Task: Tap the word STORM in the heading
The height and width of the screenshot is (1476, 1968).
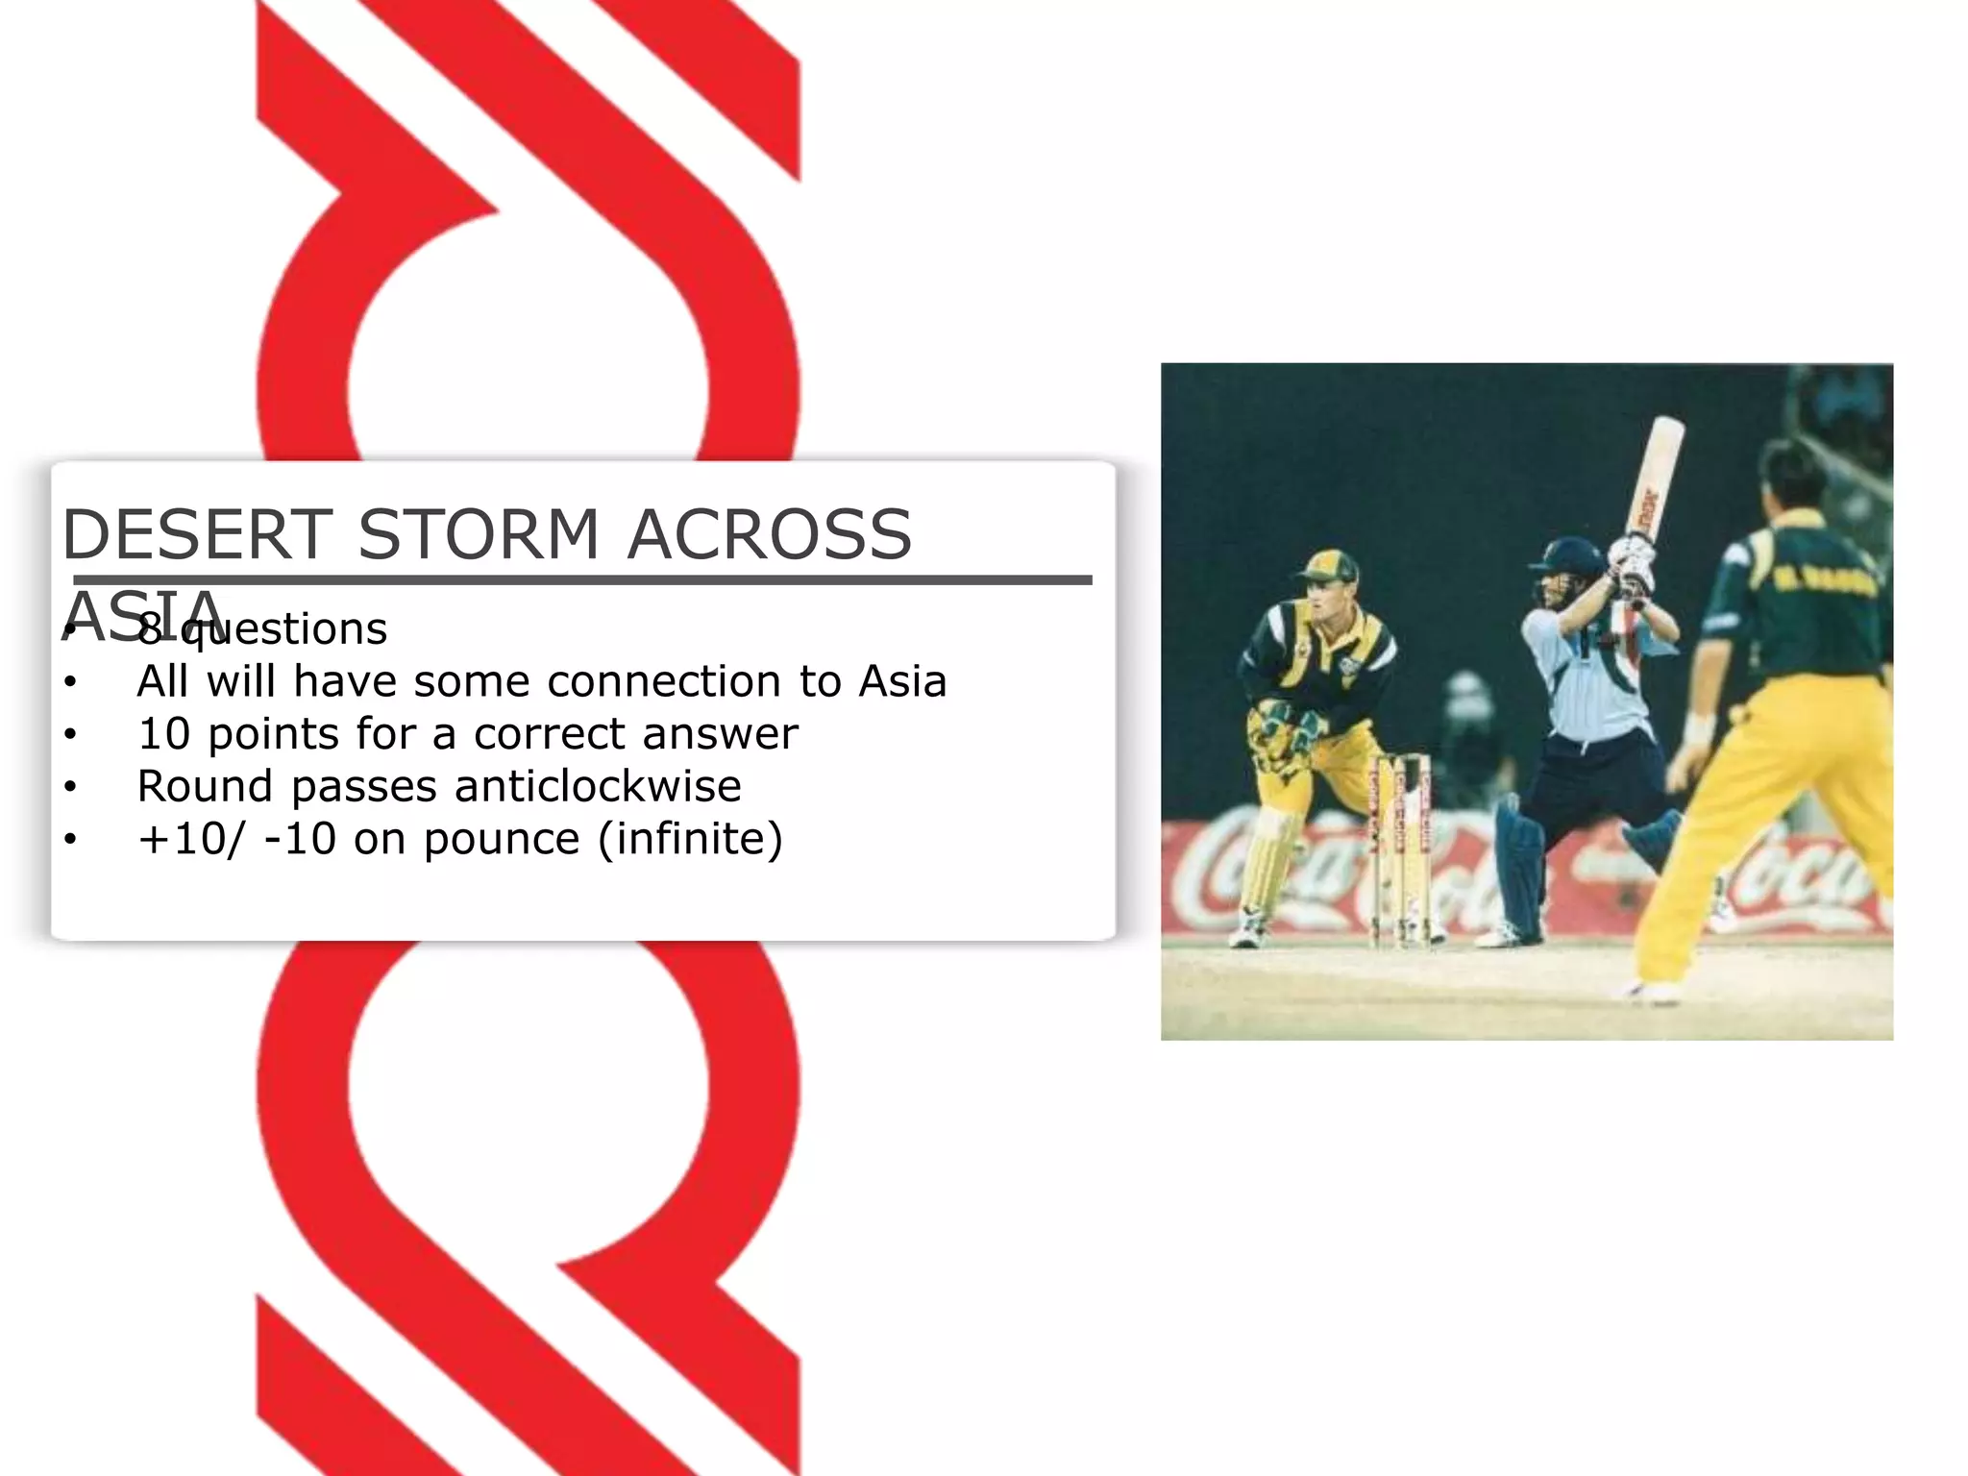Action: click(x=479, y=534)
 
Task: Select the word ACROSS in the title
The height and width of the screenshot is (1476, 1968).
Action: click(x=769, y=534)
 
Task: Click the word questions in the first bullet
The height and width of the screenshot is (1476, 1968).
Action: click(x=284, y=629)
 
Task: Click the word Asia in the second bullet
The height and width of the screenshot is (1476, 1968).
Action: click(x=902, y=681)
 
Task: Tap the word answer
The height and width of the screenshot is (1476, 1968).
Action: click(x=720, y=734)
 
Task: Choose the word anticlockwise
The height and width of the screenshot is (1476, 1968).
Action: click(x=598, y=786)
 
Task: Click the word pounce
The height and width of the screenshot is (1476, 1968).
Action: click(x=502, y=839)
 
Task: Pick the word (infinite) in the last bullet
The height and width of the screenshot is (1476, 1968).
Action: click(x=690, y=839)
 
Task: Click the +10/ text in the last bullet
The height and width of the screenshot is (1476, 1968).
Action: click(x=191, y=839)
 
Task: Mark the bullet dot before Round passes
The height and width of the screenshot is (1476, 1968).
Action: click(x=70, y=787)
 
